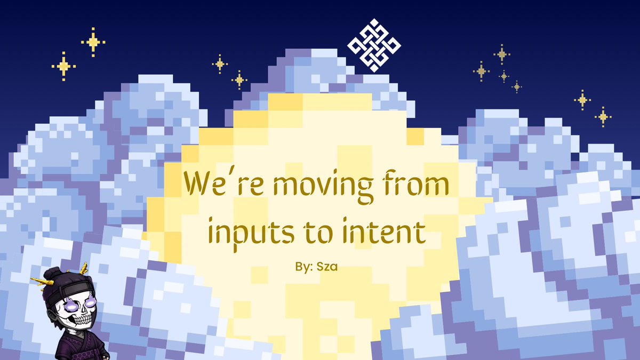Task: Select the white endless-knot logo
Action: [x=373, y=45]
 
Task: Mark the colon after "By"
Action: [x=311, y=265]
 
